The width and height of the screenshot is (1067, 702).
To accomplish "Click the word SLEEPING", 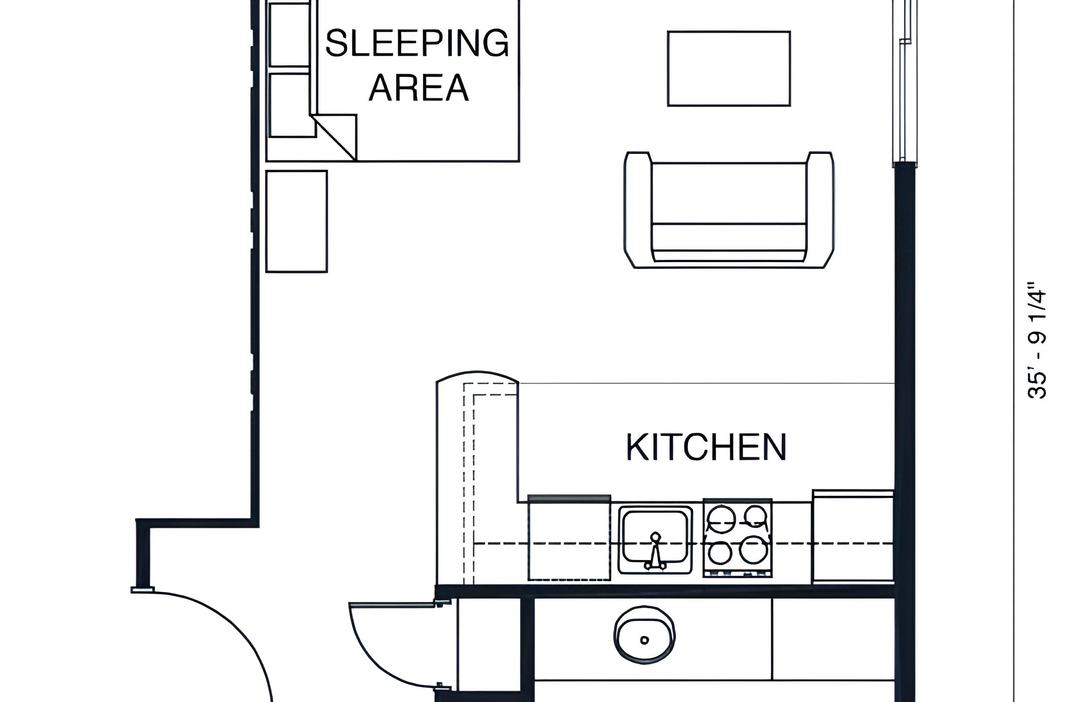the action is (417, 43).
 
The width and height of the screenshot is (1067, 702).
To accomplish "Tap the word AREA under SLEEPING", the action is (419, 88).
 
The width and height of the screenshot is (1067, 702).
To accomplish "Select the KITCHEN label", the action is (706, 447).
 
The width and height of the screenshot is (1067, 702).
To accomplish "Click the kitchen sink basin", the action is (655, 540).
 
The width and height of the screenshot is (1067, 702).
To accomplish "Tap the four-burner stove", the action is (738, 538).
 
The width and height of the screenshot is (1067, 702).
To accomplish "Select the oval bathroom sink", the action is (645, 640).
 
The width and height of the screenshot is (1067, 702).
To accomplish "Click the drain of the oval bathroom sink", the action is (645, 640).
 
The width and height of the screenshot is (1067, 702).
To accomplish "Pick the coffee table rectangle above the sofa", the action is (729, 69).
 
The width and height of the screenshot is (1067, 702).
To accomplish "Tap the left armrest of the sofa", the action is (638, 210).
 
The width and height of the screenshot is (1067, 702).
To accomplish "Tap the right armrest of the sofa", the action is (819, 210).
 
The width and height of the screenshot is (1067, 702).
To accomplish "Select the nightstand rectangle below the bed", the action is (296, 222).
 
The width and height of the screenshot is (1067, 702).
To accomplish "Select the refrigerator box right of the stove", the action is (853, 537).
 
